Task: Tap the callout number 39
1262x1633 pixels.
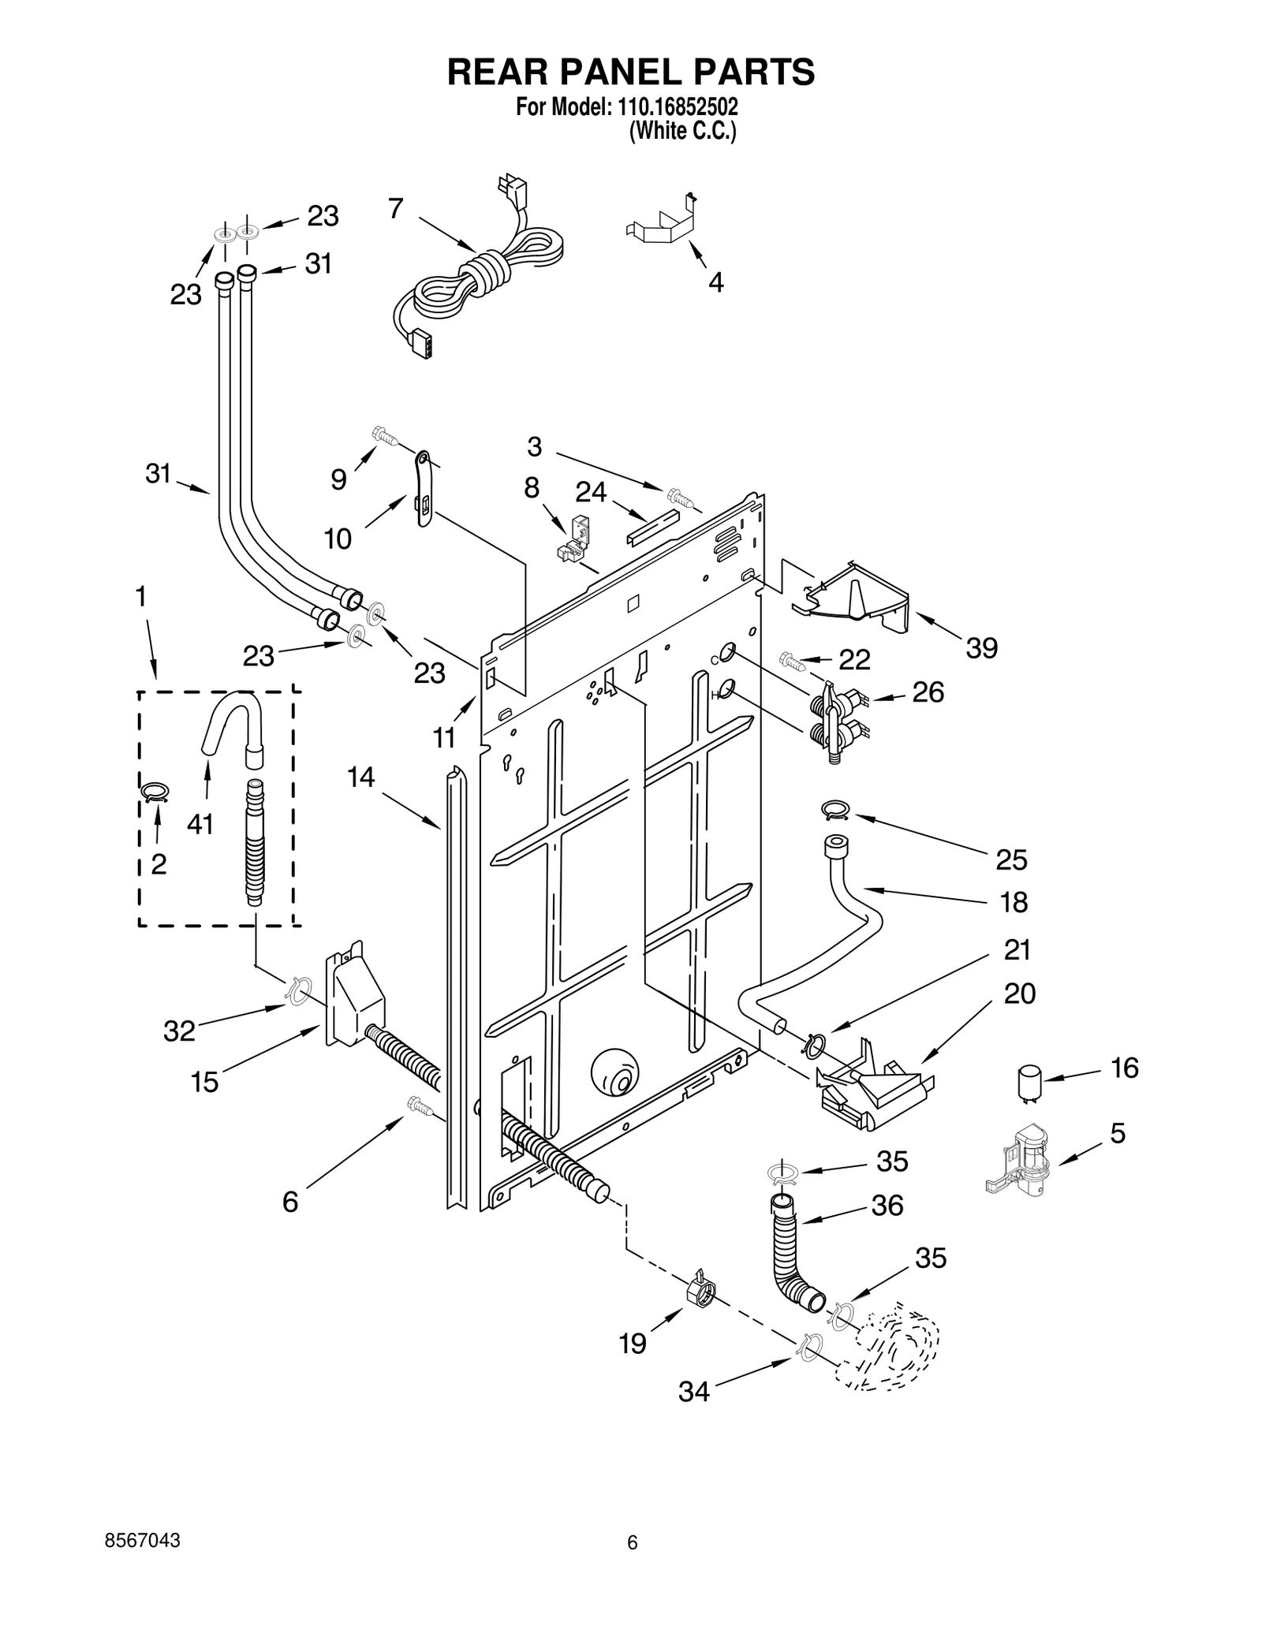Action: [x=981, y=648]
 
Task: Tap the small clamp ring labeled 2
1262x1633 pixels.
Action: [x=155, y=791]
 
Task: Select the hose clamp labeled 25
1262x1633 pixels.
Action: [x=834, y=807]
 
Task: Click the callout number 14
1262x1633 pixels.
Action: [x=360, y=777]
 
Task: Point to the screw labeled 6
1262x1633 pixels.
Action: [x=420, y=1105]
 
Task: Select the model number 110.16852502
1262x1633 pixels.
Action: [x=676, y=106]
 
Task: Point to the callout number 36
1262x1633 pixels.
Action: [x=887, y=1205]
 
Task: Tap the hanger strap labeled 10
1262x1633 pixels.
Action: [x=422, y=489]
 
